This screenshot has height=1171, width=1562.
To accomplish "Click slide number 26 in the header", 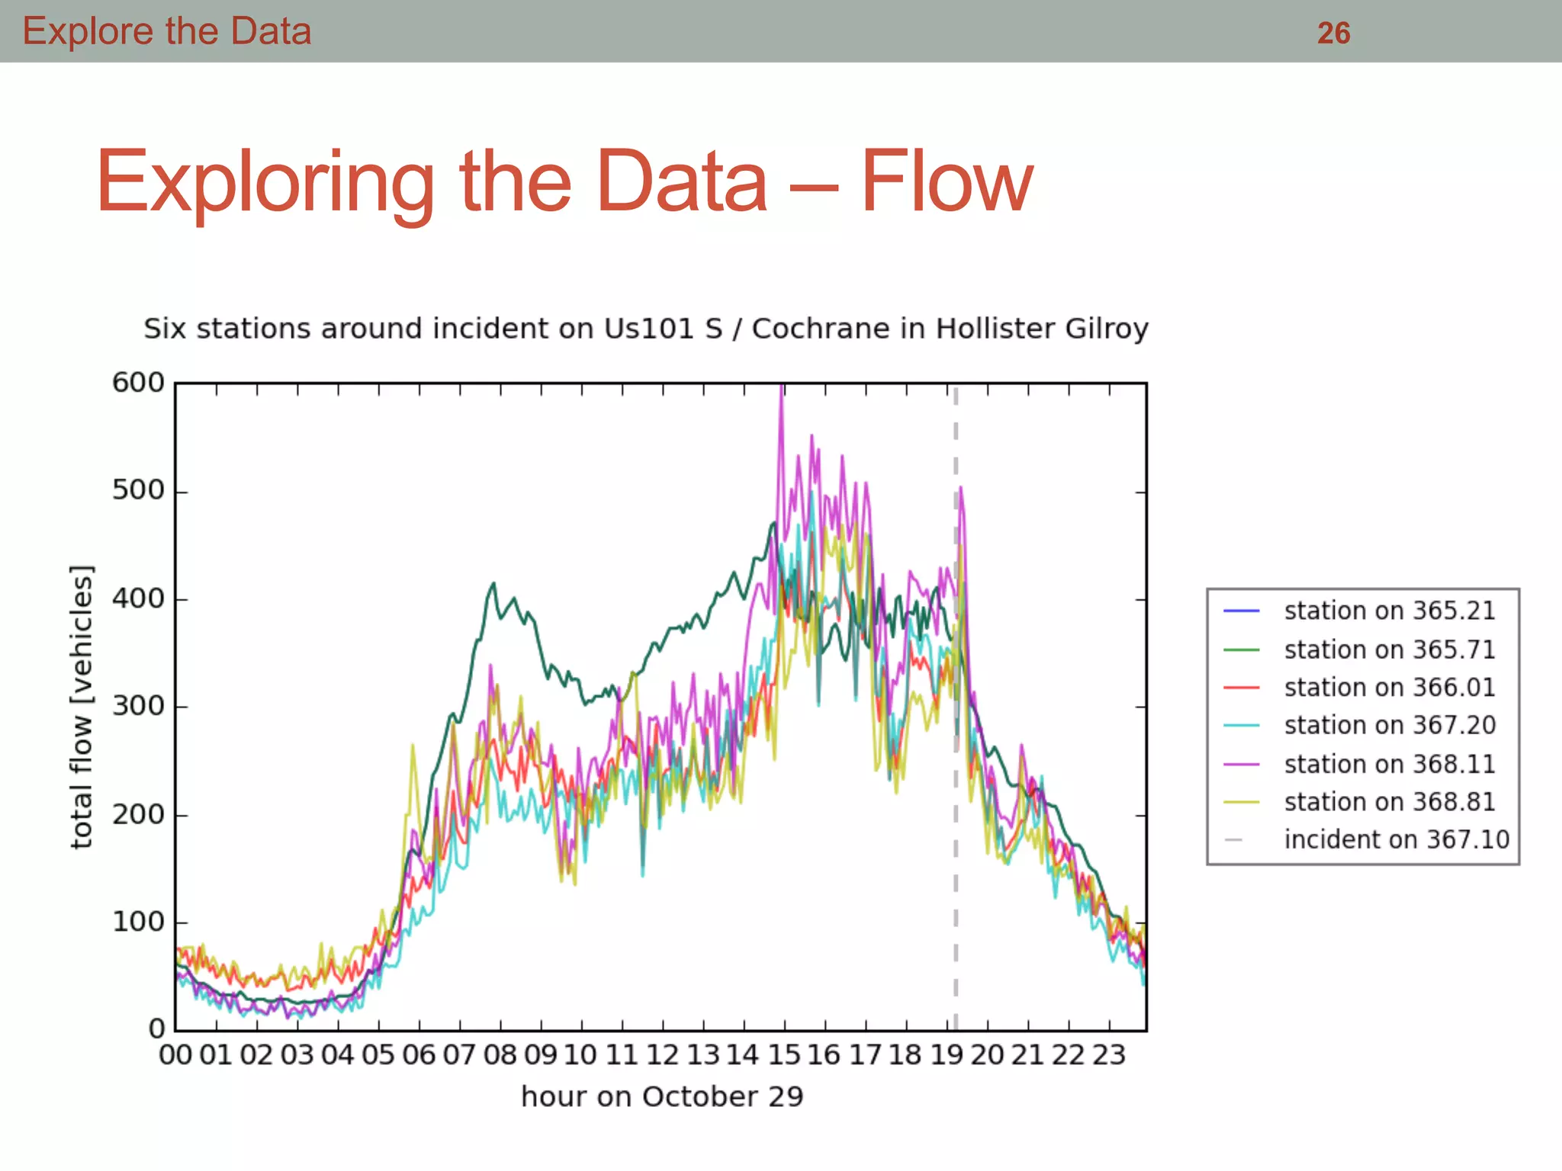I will point(1333,34).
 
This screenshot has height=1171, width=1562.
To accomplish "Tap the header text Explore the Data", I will point(167,31).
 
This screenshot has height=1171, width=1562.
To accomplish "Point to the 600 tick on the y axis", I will point(138,382).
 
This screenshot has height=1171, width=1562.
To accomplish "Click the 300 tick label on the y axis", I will point(138,706).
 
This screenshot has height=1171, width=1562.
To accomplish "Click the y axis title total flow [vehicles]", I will point(82,706).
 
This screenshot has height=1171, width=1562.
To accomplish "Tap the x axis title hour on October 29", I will point(661,1096).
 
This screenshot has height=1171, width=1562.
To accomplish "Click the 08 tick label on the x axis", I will point(500,1055).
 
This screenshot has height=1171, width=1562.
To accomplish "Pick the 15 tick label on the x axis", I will point(784,1055).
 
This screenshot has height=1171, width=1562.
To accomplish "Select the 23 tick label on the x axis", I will point(1108,1055).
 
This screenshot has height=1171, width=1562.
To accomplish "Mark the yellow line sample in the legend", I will point(1241,802).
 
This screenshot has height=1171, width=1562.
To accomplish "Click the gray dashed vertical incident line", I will point(956,877).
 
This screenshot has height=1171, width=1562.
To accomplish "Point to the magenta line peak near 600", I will point(782,390).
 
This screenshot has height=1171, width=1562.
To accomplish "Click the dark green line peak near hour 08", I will point(493,584).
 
